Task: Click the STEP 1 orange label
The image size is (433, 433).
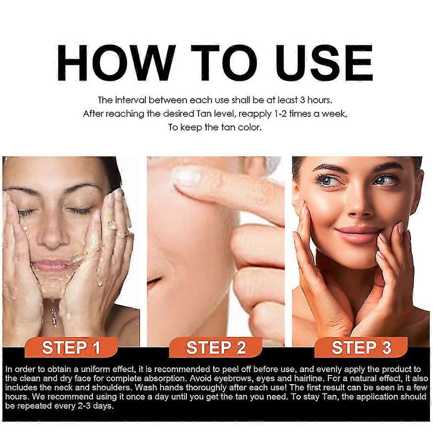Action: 71,347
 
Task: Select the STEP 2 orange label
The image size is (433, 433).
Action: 216,347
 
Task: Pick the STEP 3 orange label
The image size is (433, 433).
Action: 361,347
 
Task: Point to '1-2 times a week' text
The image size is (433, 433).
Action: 318,114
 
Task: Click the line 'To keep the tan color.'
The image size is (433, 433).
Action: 215,128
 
